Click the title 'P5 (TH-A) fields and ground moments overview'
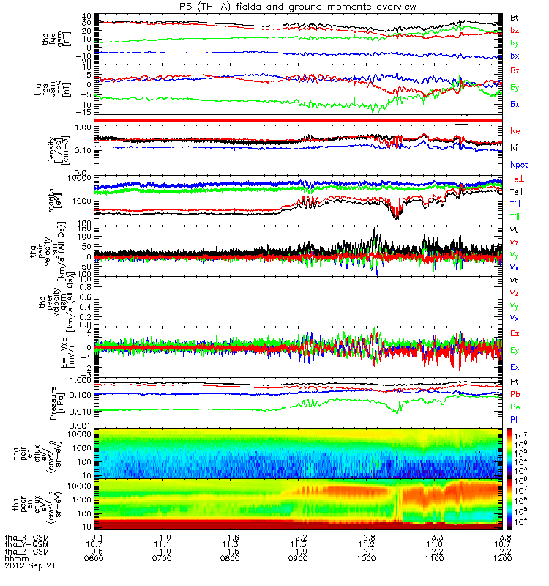274,7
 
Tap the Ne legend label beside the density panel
515,130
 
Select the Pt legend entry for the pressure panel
514,382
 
